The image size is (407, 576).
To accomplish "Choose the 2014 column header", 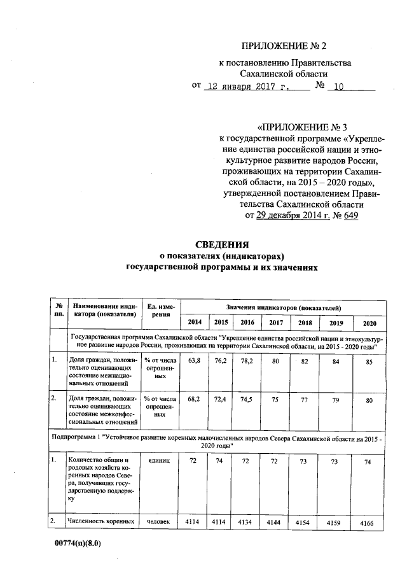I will click(194, 323).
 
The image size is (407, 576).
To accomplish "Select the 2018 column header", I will click(305, 323).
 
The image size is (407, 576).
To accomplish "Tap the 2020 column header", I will click(369, 323).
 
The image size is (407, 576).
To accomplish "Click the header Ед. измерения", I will click(155, 311).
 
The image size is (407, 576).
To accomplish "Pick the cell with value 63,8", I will click(195, 360).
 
